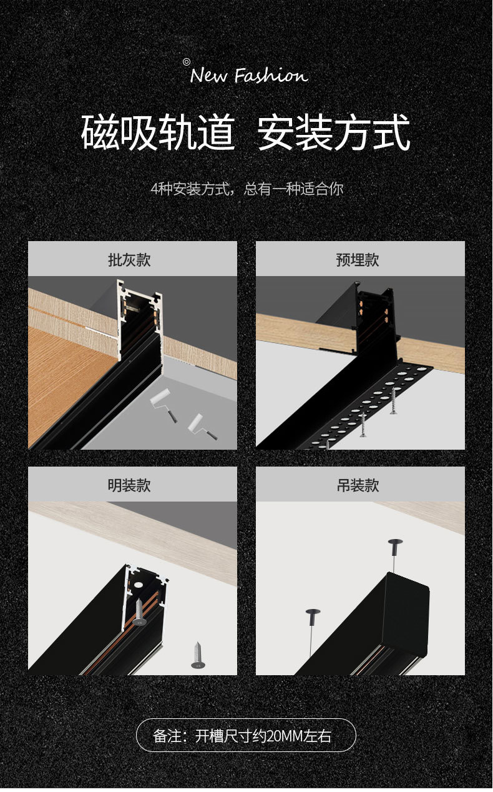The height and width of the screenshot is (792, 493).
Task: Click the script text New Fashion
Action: click(x=248, y=76)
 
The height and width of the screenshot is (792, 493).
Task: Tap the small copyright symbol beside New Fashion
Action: click(x=186, y=61)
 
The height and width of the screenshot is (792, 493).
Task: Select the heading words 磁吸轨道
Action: click(x=158, y=132)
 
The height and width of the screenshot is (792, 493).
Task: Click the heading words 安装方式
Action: click(x=334, y=132)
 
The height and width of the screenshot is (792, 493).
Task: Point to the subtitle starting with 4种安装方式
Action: click(x=246, y=189)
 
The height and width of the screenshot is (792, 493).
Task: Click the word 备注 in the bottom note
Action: click(x=167, y=736)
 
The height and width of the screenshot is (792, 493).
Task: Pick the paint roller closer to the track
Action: click(x=160, y=402)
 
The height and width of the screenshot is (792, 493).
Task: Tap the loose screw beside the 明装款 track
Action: click(x=198, y=655)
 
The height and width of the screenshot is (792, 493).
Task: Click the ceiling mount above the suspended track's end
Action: click(x=394, y=544)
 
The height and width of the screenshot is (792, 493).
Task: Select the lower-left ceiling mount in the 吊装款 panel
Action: click(x=312, y=615)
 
